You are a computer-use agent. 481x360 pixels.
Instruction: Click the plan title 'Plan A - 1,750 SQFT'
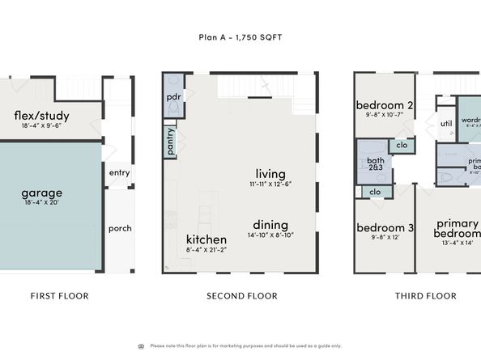(240, 36)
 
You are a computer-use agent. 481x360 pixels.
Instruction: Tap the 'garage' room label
(41, 193)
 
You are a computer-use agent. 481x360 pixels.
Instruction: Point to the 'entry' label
(119, 172)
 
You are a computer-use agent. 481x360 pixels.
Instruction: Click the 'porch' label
(120, 228)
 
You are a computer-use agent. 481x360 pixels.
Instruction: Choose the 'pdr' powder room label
(173, 96)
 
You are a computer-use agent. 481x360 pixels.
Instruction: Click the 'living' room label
(271, 173)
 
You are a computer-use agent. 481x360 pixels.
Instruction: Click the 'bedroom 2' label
(385, 105)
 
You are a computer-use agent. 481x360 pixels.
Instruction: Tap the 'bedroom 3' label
(385, 227)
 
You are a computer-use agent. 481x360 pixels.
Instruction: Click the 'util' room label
(445, 124)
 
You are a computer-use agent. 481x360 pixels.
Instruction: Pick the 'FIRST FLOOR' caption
(60, 296)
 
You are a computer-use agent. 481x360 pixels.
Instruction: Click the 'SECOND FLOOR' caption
(242, 296)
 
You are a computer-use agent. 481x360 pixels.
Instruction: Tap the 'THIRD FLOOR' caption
(425, 296)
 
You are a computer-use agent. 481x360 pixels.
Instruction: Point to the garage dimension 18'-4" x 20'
(41, 203)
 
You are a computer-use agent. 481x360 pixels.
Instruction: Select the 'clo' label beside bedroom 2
(401, 146)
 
